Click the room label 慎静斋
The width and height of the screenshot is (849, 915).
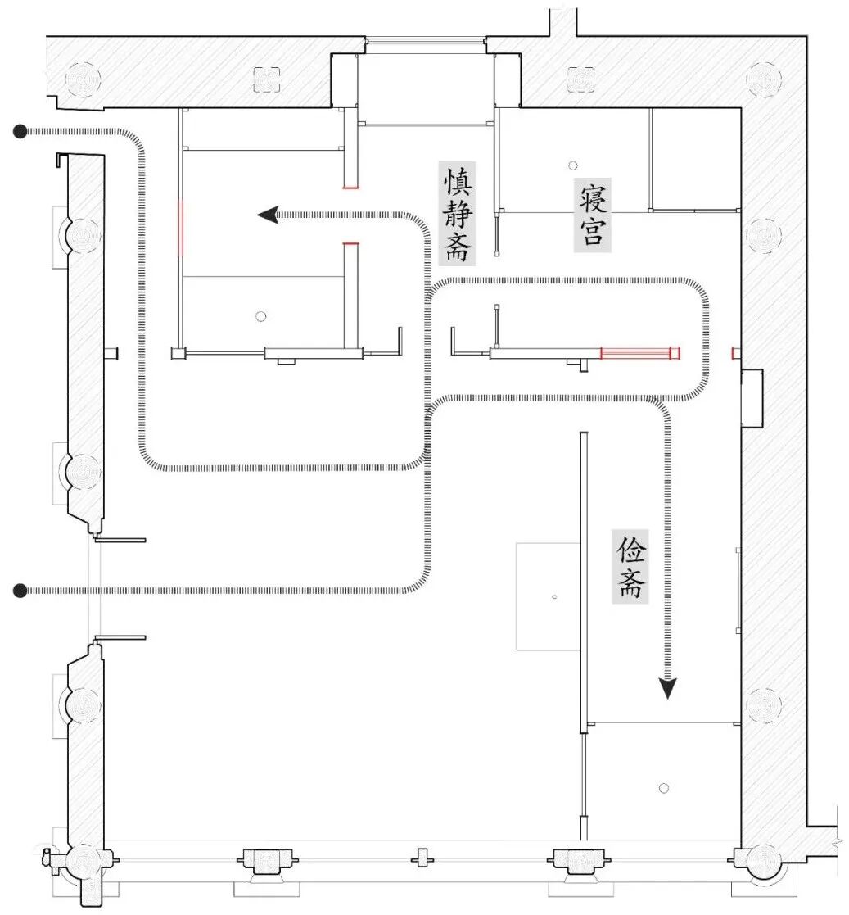click(458, 215)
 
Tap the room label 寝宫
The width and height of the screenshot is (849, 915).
click(592, 215)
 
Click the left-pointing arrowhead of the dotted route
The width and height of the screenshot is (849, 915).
click(267, 215)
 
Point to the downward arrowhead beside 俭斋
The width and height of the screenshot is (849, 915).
click(668, 688)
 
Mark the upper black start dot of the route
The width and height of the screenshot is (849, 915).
click(20, 130)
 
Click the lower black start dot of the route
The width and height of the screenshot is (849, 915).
click(20, 590)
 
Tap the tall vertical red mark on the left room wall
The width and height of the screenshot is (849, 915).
click(181, 224)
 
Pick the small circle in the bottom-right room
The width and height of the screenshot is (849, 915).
click(664, 788)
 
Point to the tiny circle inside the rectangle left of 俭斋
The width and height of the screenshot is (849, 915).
click(554, 596)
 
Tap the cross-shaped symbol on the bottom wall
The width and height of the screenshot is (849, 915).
click(422, 858)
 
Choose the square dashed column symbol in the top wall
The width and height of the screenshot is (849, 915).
click(267, 79)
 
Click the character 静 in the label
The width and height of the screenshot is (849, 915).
click(458, 215)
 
